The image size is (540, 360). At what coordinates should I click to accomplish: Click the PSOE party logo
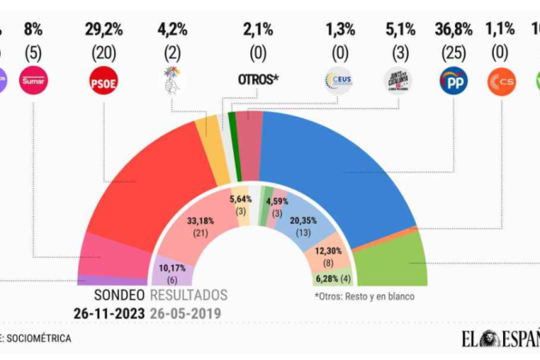coord(104,82)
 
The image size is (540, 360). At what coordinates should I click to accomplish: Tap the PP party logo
coord(453,81)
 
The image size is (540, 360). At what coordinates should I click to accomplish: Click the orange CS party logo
coord(501,81)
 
